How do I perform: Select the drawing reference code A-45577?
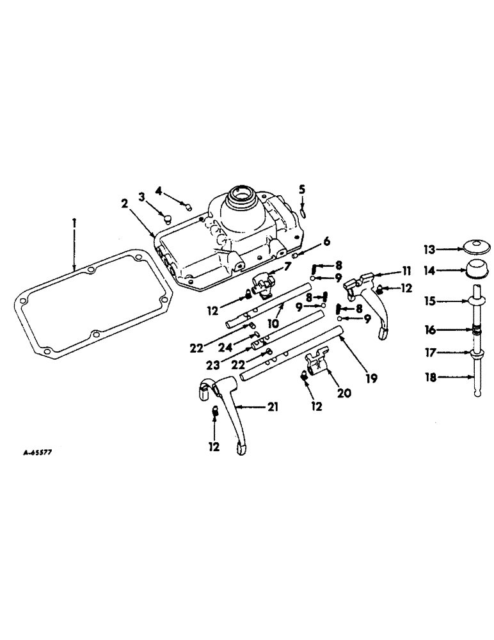pyautogui.click(x=37, y=451)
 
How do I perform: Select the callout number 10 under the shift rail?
pyautogui.click(x=273, y=324)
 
